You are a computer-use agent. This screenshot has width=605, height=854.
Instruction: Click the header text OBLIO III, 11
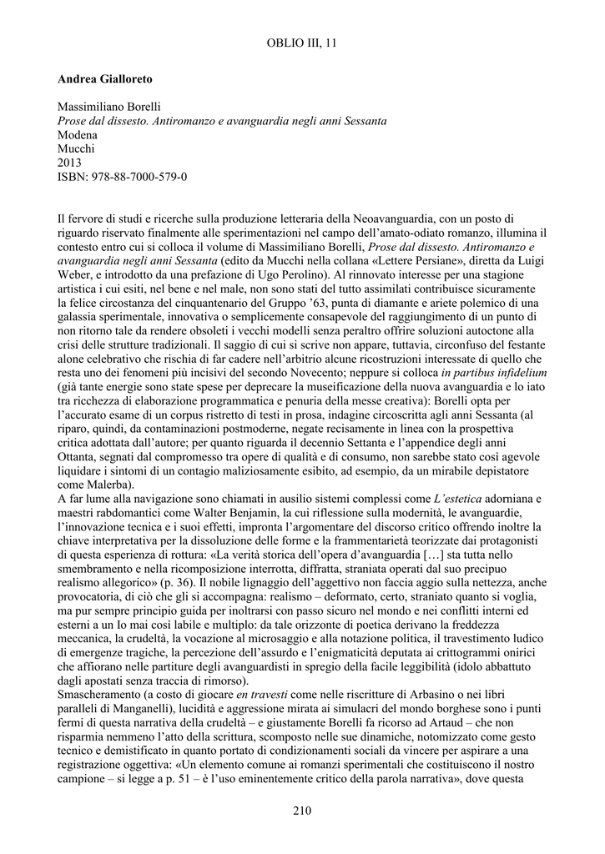pyautogui.click(x=302, y=43)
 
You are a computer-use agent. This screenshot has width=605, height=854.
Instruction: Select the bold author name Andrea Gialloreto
pyautogui.click(x=105, y=79)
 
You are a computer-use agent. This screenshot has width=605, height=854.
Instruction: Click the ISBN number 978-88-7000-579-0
pyautogui.click(x=140, y=177)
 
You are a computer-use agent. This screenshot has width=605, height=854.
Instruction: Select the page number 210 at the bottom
pyautogui.click(x=302, y=810)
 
